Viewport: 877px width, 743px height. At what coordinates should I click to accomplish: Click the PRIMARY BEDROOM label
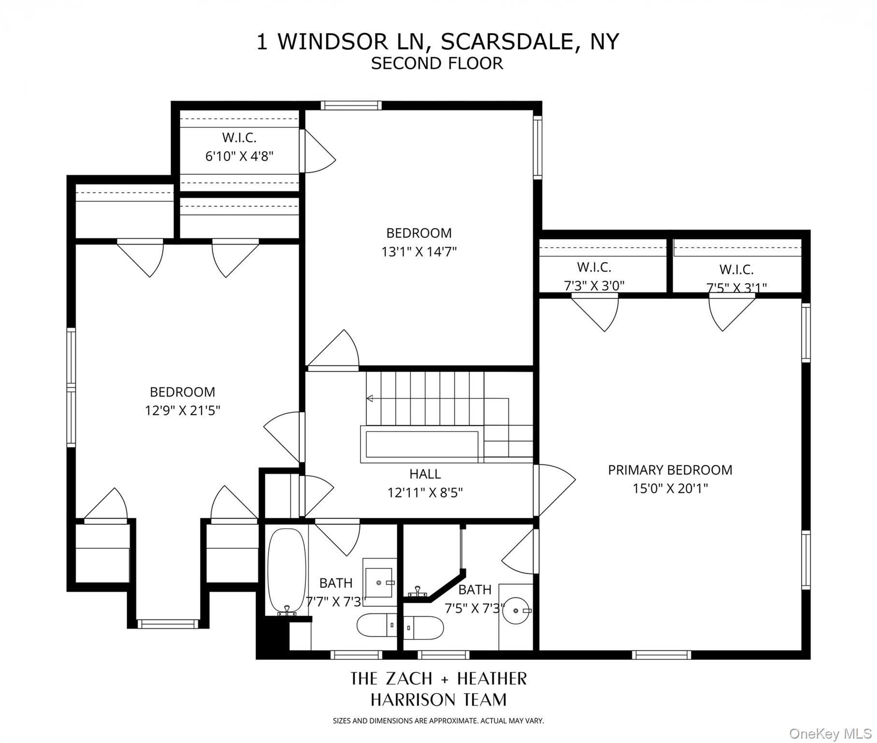click(670, 470)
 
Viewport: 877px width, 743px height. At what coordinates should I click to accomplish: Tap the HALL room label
click(425, 474)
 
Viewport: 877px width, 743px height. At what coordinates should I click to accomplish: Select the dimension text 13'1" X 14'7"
click(419, 252)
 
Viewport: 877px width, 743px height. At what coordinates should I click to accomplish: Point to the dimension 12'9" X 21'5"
click(182, 411)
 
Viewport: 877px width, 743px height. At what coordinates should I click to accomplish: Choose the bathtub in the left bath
click(287, 571)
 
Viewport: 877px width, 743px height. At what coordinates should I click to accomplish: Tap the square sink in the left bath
click(379, 583)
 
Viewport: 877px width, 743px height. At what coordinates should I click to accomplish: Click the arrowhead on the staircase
click(370, 399)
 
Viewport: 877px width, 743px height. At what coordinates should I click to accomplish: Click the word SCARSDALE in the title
click(506, 42)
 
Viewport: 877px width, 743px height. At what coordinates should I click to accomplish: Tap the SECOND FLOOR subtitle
click(437, 63)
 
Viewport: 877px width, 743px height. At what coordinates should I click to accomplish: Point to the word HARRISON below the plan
click(413, 699)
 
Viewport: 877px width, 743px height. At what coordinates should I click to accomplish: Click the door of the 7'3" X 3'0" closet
click(598, 312)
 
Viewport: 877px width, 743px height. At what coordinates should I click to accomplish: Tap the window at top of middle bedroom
click(351, 105)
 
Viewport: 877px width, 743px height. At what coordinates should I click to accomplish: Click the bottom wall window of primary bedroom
click(661, 655)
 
